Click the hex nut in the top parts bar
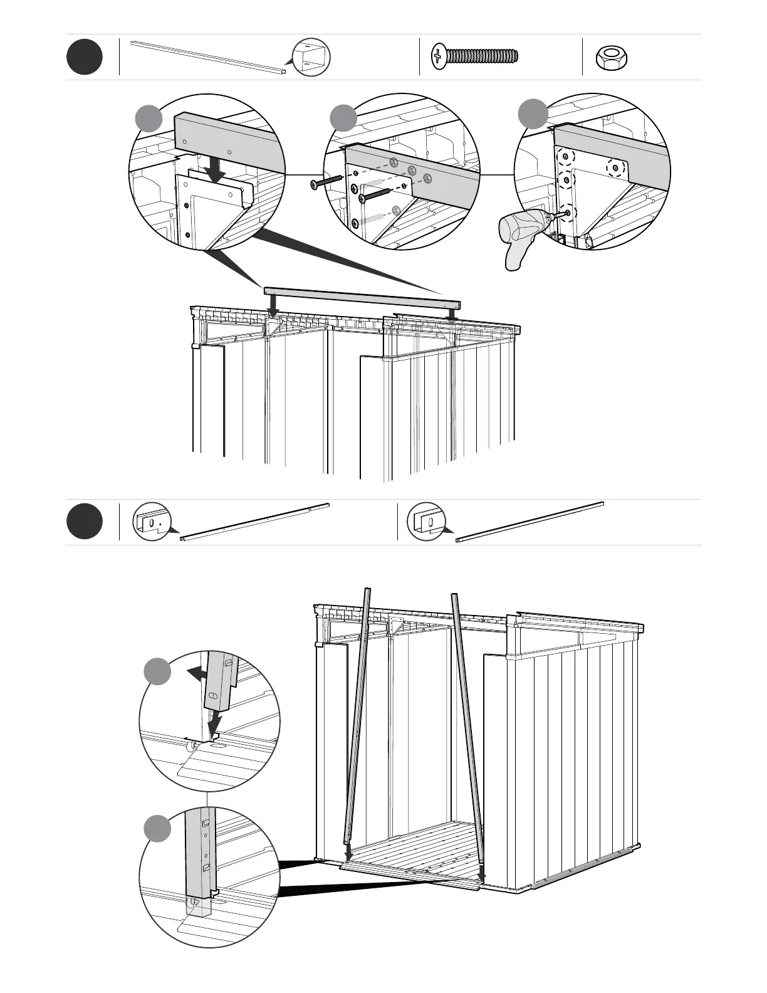(x=611, y=58)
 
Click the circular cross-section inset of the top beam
(x=311, y=58)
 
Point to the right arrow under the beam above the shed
(x=451, y=312)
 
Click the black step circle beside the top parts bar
(x=85, y=57)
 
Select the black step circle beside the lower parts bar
(x=85, y=522)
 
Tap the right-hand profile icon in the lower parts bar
(x=426, y=521)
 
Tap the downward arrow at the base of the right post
(x=481, y=873)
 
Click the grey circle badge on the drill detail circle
(x=533, y=113)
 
